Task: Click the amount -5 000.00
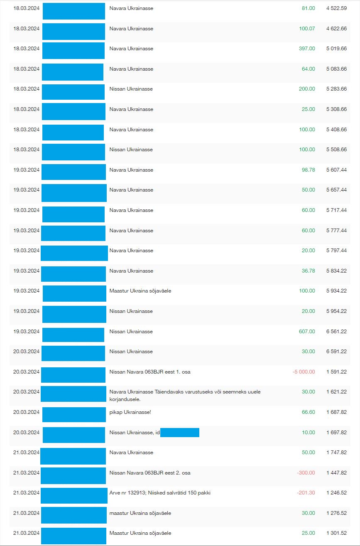coord(304,372)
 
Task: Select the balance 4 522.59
coord(336,8)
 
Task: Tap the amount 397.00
coord(307,49)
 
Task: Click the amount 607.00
coord(307,332)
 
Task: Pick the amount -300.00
coord(306,473)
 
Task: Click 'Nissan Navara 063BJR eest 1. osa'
coord(150,372)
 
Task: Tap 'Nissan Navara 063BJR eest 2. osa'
coord(150,473)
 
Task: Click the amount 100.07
coord(307,29)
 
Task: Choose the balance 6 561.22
coord(336,332)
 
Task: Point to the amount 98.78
coord(308,170)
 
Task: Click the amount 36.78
coord(308,271)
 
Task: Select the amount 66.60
coord(308,412)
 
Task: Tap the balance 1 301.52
coord(336,533)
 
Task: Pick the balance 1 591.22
coord(336,372)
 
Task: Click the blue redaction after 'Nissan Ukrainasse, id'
coord(180,433)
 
